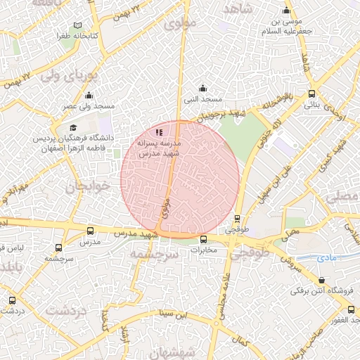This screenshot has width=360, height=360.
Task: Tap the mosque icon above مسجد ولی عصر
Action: pyautogui.click(x=89, y=96)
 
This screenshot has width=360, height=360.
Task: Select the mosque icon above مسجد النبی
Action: pyautogui.click(x=203, y=88)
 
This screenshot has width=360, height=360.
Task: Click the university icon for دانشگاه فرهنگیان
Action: pyautogui.click(x=73, y=127)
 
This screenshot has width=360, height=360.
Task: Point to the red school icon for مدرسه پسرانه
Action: pyautogui.click(x=160, y=131)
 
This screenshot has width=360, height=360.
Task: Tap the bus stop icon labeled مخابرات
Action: pyautogui.click(x=203, y=239)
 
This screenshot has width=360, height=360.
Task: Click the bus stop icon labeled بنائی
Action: pyautogui.click(x=311, y=94)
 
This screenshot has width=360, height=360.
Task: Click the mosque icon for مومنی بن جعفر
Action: pyautogui.click(x=286, y=11)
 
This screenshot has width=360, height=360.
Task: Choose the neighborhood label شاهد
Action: pyautogui.click(x=237, y=8)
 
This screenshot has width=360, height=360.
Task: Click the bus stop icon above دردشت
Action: pyautogui.click(x=12, y=300)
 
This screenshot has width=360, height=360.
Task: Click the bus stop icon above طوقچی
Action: pyautogui.click(x=237, y=219)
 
